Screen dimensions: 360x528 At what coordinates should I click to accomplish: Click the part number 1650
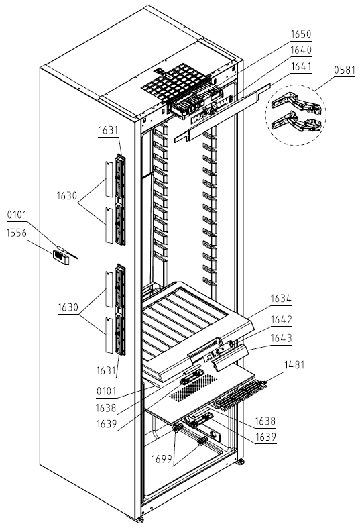(301, 34)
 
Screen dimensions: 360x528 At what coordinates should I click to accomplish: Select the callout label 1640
(301, 50)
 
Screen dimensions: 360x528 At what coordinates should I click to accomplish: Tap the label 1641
(301, 66)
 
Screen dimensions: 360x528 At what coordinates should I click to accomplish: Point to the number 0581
(345, 70)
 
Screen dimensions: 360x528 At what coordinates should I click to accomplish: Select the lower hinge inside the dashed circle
(296, 121)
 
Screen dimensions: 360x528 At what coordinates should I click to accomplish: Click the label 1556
(17, 233)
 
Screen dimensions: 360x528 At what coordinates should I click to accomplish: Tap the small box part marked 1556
(61, 258)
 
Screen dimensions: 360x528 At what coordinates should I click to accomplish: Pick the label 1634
(281, 299)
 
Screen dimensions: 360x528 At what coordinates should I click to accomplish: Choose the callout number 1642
(281, 319)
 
